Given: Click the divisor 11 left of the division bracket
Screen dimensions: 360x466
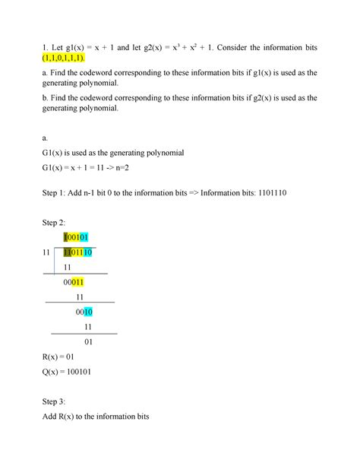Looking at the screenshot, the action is click(x=50, y=252).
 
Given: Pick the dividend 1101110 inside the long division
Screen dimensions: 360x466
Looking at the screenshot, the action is click(x=78, y=252).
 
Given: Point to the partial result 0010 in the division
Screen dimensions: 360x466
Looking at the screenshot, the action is click(x=84, y=311).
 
